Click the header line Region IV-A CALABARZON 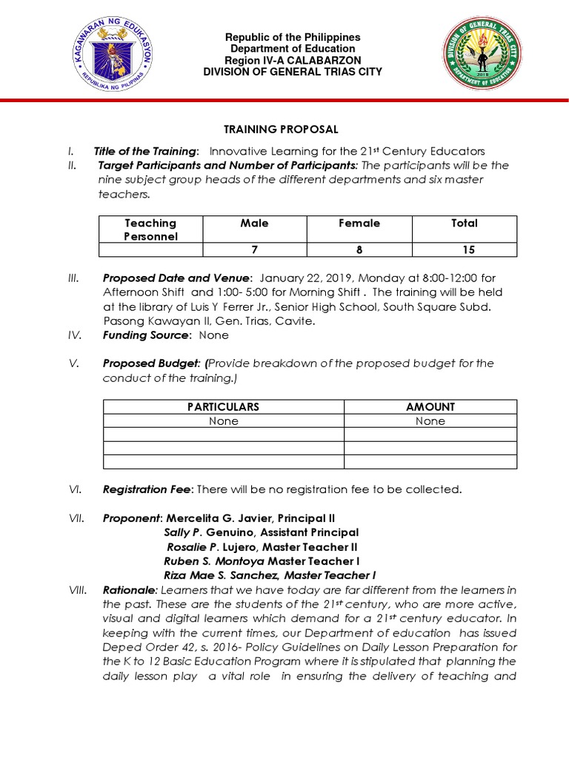point(293,60)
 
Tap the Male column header point(254,223)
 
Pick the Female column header point(359,223)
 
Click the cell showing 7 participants point(254,250)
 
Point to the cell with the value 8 point(359,250)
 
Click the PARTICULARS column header point(223,407)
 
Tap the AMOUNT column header point(430,407)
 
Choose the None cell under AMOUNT point(430,421)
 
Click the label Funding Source point(144,335)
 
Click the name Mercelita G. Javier point(215,518)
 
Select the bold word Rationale point(130,590)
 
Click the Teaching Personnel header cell point(150,229)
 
